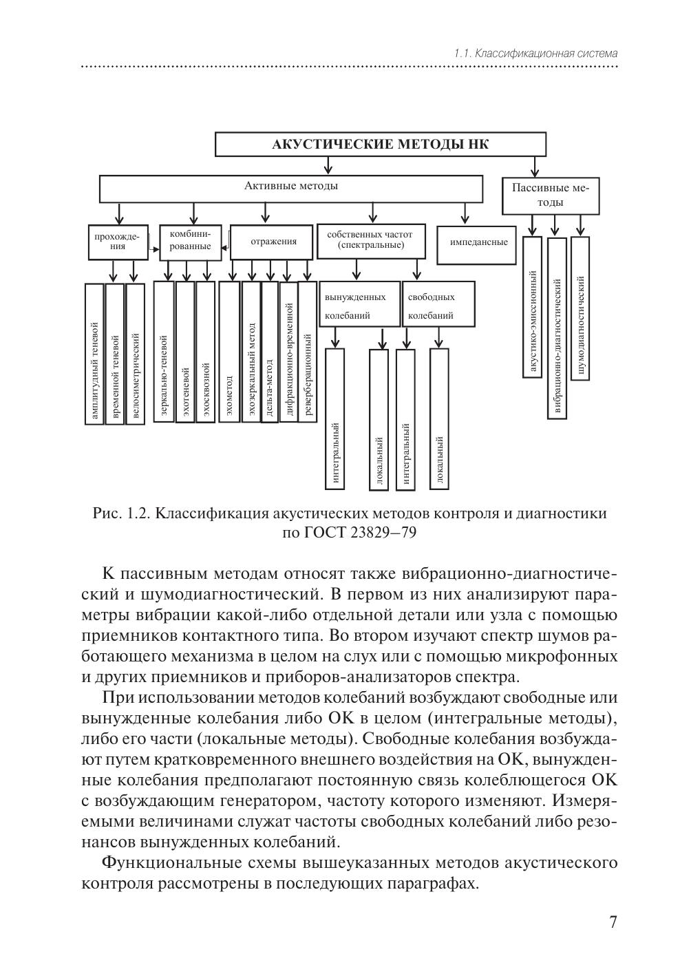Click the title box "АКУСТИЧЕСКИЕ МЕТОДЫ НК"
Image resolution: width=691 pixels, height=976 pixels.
381,144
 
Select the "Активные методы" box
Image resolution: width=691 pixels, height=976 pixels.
291,187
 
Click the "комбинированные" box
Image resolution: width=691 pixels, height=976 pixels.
190,242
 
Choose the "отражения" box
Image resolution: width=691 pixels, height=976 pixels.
273,242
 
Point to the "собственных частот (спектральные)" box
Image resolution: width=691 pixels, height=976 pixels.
370,240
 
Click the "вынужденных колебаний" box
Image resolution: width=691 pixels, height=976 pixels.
359,304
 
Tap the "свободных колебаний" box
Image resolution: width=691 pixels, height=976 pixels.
438,304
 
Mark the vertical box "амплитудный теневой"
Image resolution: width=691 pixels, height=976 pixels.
94,353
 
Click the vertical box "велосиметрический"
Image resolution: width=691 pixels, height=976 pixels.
136,353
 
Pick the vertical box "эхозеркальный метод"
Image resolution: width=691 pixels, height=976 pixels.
251,351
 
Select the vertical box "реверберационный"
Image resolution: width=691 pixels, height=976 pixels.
308,351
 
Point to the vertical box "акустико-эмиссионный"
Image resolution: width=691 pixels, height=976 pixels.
532,306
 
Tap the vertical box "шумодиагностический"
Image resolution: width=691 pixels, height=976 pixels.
580,306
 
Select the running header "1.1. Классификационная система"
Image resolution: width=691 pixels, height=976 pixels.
535,53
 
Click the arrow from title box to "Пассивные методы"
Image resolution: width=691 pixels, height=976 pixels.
535,166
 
